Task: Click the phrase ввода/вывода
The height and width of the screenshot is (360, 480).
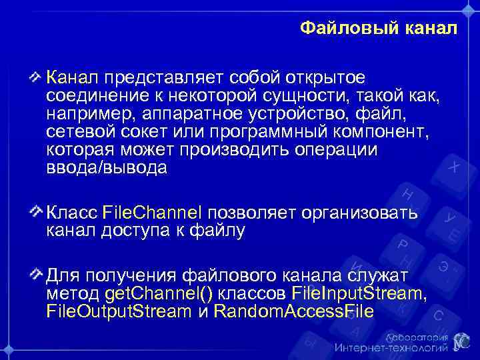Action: tap(107, 169)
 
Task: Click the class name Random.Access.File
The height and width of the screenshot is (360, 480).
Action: tap(293, 311)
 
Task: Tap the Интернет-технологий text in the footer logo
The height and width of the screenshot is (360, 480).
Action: tap(390, 348)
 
